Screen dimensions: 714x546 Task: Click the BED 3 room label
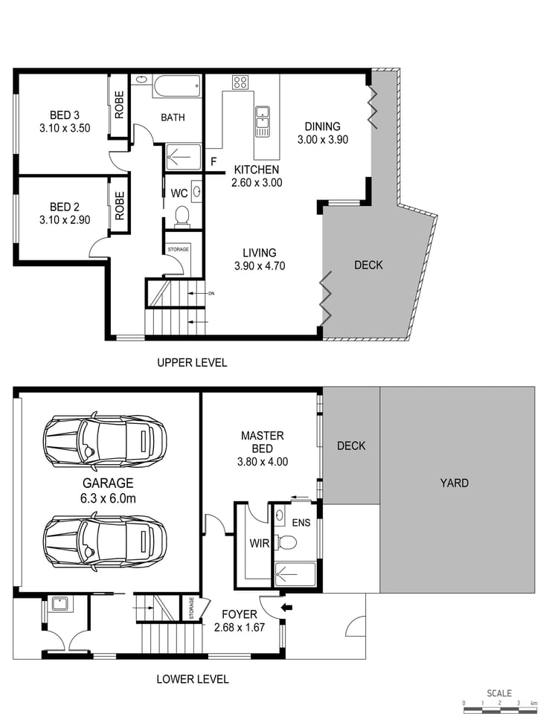[x=64, y=115]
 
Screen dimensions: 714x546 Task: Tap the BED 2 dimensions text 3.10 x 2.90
[x=64, y=220]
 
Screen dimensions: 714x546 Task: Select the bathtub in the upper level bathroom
[x=176, y=86]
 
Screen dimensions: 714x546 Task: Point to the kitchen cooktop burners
[x=240, y=83]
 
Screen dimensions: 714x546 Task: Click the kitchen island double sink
[x=263, y=122]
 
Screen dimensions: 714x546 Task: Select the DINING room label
[x=322, y=126]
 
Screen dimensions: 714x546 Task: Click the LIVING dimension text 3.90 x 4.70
[x=260, y=266]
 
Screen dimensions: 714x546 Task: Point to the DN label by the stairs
[x=212, y=293]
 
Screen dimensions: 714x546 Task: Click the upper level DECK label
[x=368, y=265]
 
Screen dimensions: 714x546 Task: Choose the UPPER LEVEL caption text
[x=192, y=363]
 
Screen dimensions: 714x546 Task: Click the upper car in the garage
[x=105, y=440]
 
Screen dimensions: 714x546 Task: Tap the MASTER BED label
[x=262, y=442]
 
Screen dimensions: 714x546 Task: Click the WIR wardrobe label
[x=260, y=543]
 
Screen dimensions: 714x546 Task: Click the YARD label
[x=454, y=483]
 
